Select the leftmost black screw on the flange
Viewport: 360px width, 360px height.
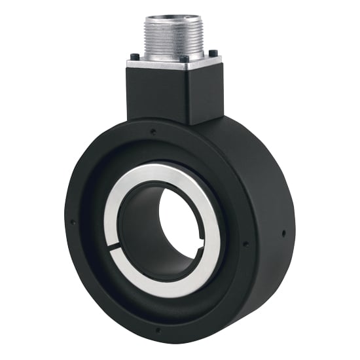point(134,57)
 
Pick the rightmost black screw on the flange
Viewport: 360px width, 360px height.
point(213,52)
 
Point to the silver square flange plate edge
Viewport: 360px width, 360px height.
point(157,65)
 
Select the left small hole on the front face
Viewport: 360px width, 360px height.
point(73,222)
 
